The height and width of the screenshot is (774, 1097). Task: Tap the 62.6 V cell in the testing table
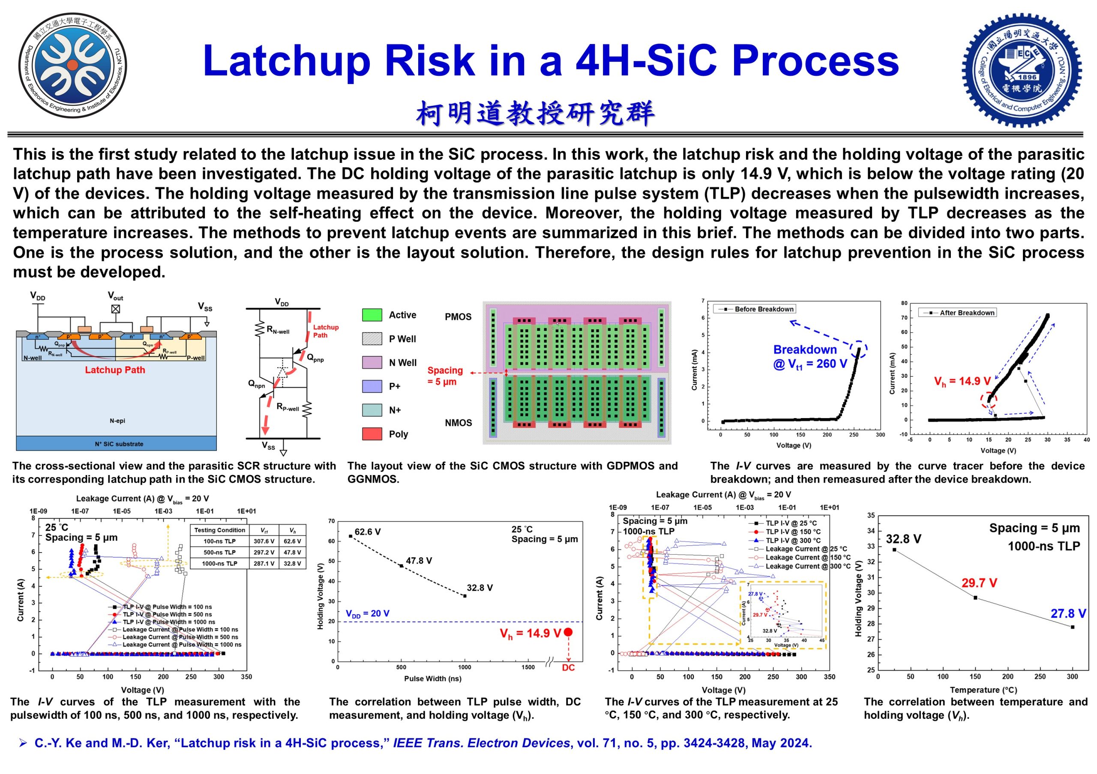pyautogui.click(x=292, y=541)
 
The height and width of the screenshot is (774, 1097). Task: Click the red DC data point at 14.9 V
pyautogui.click(x=568, y=632)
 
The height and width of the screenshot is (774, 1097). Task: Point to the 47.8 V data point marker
pyautogui.click(x=402, y=566)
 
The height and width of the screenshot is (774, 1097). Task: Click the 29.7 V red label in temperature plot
pyautogui.click(x=979, y=583)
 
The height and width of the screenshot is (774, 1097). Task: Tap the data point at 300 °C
pyautogui.click(x=1073, y=627)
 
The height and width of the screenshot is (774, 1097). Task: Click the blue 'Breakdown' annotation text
pyautogui.click(x=805, y=350)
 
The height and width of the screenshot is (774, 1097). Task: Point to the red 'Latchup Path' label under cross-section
pyautogui.click(x=115, y=370)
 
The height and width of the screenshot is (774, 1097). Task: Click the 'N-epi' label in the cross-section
pyautogui.click(x=117, y=421)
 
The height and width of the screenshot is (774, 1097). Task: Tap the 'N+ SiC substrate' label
pyautogui.click(x=119, y=444)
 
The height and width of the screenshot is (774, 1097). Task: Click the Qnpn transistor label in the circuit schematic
pyautogui.click(x=256, y=383)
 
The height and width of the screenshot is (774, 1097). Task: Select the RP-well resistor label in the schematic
pyautogui.click(x=288, y=407)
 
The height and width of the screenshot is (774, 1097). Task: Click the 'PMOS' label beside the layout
pyautogui.click(x=458, y=317)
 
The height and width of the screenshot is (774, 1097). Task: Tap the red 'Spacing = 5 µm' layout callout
pyautogui.click(x=445, y=376)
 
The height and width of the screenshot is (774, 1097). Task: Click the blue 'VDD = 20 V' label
pyautogui.click(x=367, y=613)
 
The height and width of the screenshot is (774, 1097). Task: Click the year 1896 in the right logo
pyautogui.click(x=1027, y=77)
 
